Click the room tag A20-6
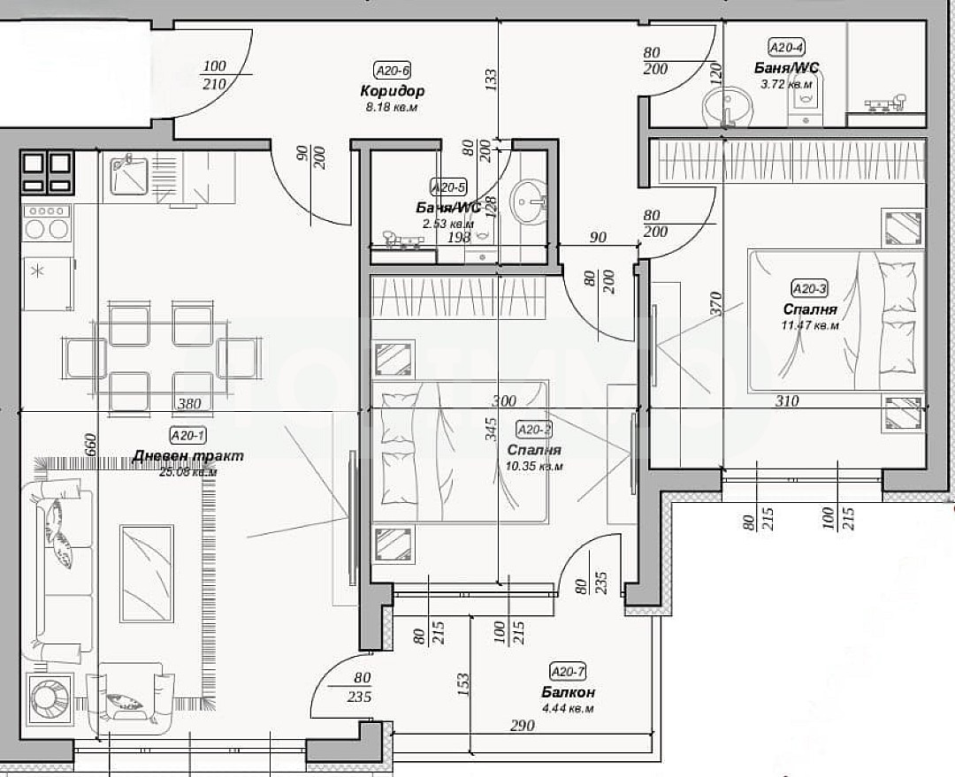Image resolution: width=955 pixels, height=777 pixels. coord(393,72)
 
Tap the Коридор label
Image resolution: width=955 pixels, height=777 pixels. coord(393,90)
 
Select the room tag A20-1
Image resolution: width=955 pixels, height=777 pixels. coord(188,435)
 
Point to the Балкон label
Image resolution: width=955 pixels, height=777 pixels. coord(568,692)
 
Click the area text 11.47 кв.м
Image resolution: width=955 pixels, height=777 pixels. coord(810,325)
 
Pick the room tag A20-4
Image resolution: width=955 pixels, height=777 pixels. coord(785,48)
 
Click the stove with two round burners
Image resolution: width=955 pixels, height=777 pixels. coord(47,223)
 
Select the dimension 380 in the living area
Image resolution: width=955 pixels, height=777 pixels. coord(189,404)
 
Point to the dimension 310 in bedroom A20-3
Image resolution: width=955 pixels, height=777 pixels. coord(786,400)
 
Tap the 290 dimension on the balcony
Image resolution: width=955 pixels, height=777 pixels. coord(523,725)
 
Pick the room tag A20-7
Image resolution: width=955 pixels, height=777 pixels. coord(568,671)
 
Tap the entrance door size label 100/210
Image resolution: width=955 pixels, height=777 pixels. coord(215,75)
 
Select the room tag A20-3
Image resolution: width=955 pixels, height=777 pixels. coord(810,288)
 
